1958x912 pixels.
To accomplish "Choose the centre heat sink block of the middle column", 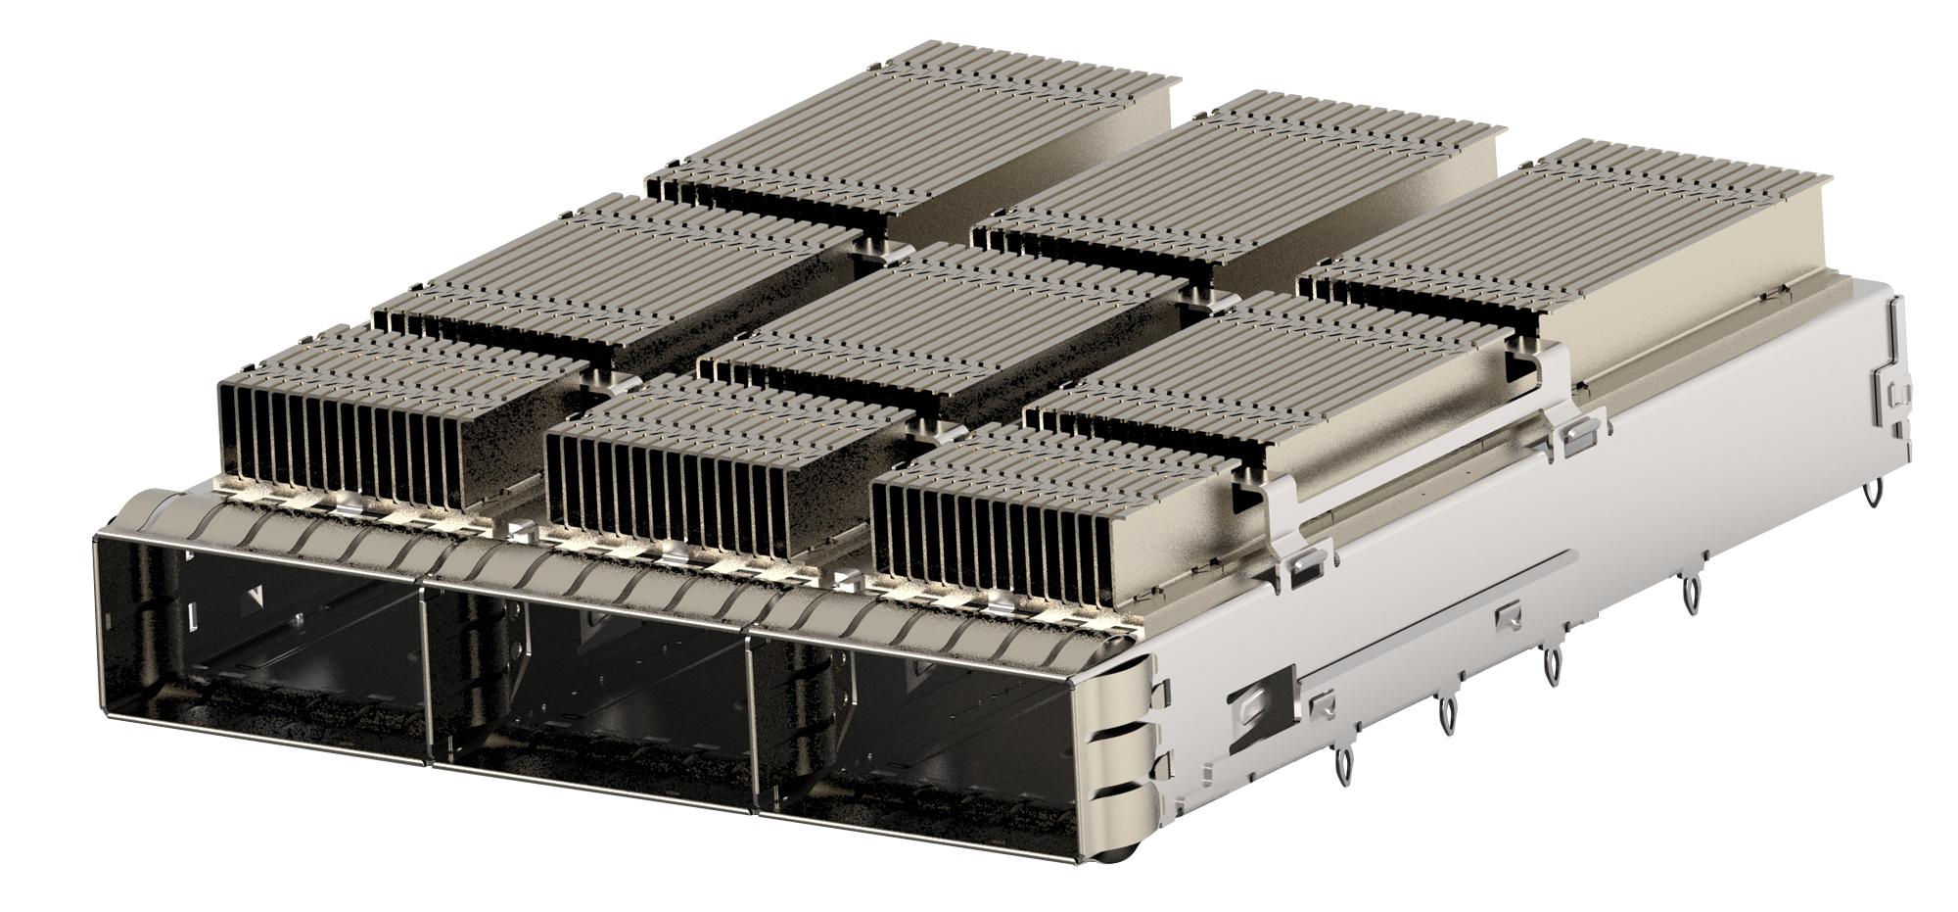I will tap(940, 333).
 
